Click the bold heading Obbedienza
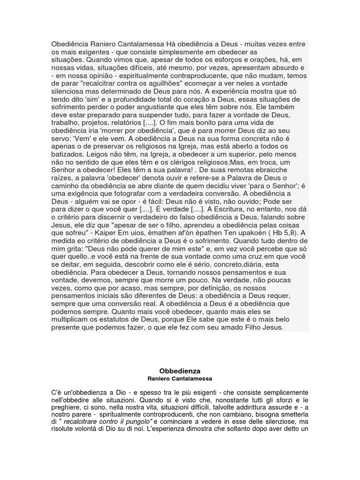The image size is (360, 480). tap(180, 371)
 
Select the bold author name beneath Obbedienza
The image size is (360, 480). tap(180, 378)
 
